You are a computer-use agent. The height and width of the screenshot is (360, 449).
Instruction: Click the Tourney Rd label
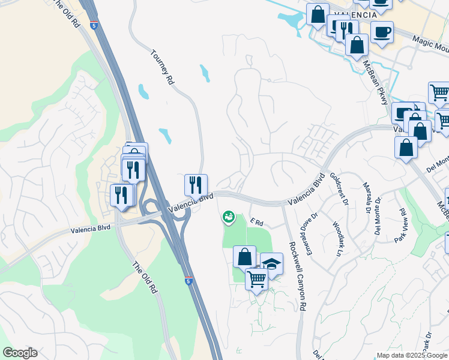coord(161,66)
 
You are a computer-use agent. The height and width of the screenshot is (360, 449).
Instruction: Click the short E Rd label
coord(257,223)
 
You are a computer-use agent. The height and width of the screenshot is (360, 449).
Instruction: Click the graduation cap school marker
coord(271,263)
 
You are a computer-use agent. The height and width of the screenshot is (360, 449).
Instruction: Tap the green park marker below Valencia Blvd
coord(228,217)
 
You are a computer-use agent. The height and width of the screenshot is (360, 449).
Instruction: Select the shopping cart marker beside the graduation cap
coord(256,278)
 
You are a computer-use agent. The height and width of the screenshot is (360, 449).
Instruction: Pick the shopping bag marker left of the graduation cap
coord(244,256)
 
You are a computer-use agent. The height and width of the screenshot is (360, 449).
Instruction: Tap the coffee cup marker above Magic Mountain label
coord(382,31)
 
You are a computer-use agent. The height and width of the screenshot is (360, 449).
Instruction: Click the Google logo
coord(20,353)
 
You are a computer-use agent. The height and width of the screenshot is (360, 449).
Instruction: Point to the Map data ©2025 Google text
coord(411,355)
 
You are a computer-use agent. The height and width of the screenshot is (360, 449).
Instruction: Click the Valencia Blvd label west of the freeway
coord(91,229)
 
